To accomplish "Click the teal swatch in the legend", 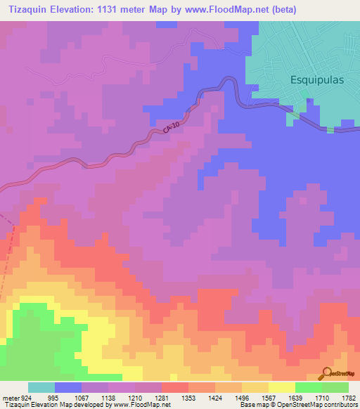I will pyautogui.click(x=41, y=387).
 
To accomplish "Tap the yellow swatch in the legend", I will pyautogui.click(x=281, y=387).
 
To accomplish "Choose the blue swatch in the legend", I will pyautogui.click(x=68, y=387).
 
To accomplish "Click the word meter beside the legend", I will pyautogui.click(x=11, y=397).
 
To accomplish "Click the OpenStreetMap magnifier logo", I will pyautogui.click(x=326, y=373).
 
